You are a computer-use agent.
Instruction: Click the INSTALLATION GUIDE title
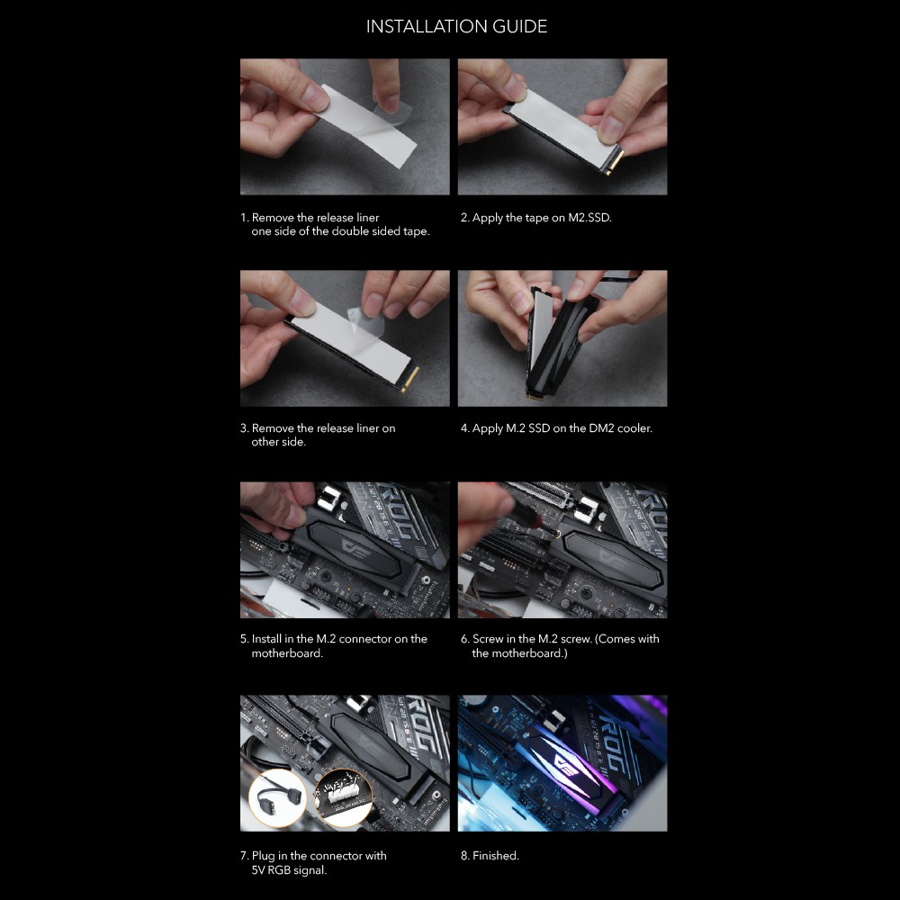point(456,26)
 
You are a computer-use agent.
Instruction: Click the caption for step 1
point(335,224)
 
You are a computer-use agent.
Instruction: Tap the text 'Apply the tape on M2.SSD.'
point(542,218)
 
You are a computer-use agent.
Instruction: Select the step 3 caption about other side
point(318,435)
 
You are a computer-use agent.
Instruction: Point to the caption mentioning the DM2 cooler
point(556,428)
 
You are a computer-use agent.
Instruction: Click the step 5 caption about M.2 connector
point(334,645)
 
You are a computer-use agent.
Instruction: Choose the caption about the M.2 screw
point(560,645)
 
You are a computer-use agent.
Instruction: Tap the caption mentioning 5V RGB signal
point(313,863)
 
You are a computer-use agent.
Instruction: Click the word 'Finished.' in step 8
point(496,856)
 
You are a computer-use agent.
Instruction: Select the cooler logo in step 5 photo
point(353,547)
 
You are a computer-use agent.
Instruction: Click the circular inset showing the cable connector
point(278,797)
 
